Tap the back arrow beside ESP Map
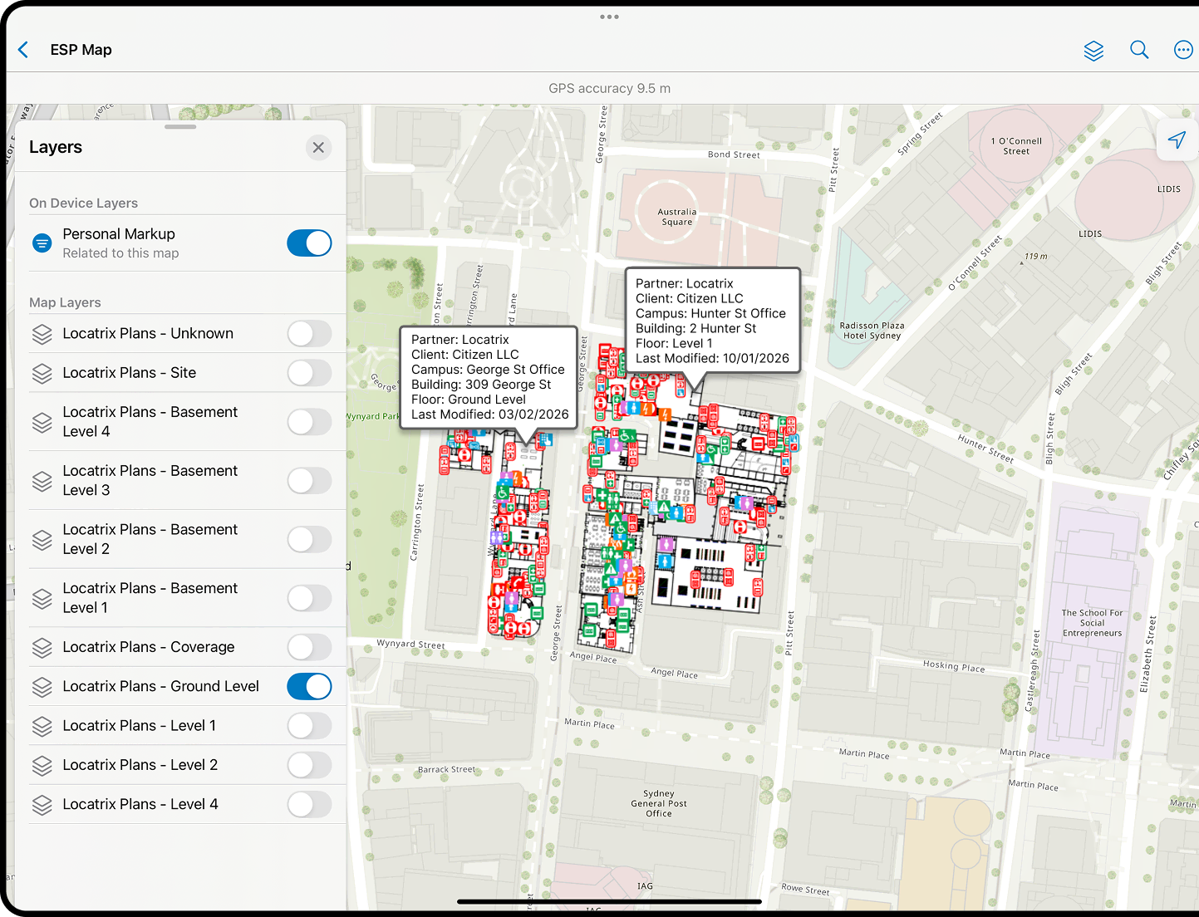23,50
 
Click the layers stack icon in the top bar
1093,51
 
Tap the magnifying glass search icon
1139,50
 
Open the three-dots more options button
1183,51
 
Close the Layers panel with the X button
318,148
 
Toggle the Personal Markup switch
309,243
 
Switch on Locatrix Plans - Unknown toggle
309,334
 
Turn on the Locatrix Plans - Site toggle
309,373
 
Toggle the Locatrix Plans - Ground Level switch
309,687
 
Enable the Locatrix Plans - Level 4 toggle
309,805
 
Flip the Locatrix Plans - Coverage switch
309,647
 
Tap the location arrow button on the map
1177,140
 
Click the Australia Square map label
677,217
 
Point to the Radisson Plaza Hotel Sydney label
872,331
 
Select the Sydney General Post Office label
659,803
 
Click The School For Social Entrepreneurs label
1092,623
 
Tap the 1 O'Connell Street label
1015,146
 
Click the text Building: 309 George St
481,385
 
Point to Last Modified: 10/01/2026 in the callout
712,358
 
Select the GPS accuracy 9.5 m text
609,88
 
